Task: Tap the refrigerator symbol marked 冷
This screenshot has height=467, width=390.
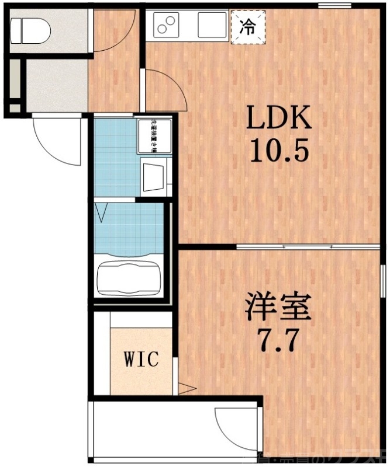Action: tap(248, 27)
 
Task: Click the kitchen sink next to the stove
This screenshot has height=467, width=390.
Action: tap(211, 25)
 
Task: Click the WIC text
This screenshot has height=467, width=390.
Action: tap(140, 359)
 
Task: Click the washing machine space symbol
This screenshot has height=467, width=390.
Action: tap(155, 136)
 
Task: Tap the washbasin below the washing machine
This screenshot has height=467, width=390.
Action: tap(155, 175)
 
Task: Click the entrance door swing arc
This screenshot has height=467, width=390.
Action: tap(57, 142)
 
